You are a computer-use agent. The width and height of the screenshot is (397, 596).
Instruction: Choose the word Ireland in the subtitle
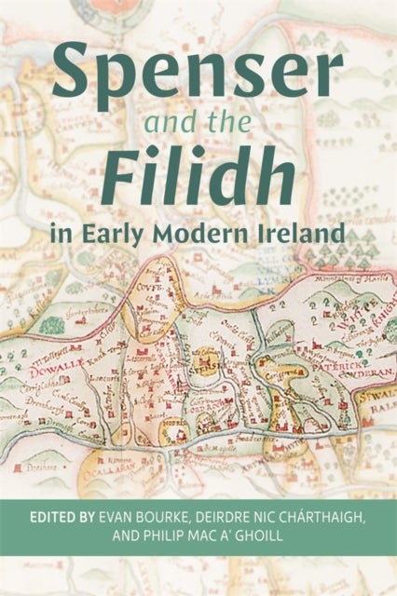[x=300, y=232]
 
